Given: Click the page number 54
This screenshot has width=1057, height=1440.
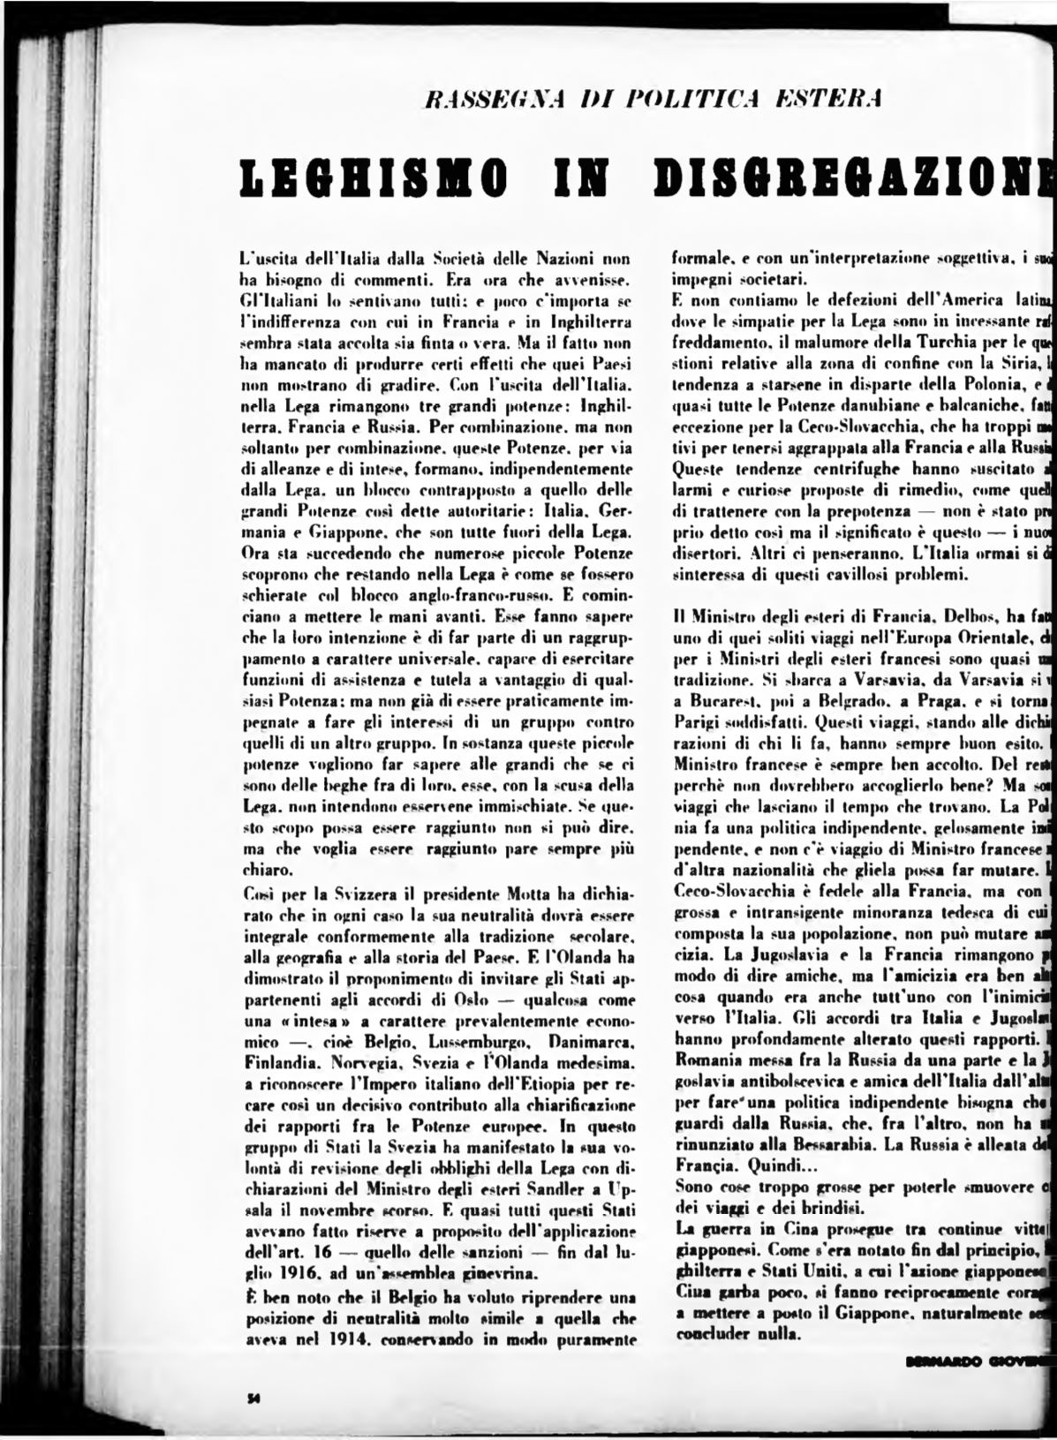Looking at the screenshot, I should click(252, 1397).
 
